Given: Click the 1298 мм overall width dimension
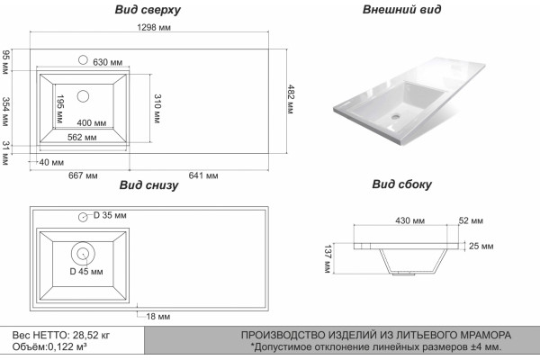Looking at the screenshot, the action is click(154, 27).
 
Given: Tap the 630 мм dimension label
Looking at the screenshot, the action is click(108, 62).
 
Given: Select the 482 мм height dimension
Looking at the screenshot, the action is click(291, 99).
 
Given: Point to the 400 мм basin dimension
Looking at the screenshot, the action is click(92, 123).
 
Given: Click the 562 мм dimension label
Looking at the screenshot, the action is click(82, 138).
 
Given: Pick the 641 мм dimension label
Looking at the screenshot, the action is click(203, 175).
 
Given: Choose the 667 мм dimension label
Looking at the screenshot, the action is click(83, 175).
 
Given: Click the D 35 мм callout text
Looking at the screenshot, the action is click(110, 215).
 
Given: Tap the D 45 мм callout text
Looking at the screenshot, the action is click(86, 272).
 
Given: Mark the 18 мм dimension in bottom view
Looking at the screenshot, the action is click(158, 316).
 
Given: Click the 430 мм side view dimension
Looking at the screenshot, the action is click(409, 220).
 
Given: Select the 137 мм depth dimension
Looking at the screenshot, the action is click(328, 259).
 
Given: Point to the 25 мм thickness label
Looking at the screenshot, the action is click(481, 246).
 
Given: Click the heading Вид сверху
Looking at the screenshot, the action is click(148, 10).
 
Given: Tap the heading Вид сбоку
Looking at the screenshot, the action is click(401, 184).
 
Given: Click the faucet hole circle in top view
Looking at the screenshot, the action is click(83, 60).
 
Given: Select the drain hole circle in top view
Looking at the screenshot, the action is click(83, 96).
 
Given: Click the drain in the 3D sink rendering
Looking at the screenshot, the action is click(395, 116).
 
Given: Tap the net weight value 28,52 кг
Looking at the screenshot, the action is click(91, 335).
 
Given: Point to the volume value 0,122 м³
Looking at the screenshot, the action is click(67, 346).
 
